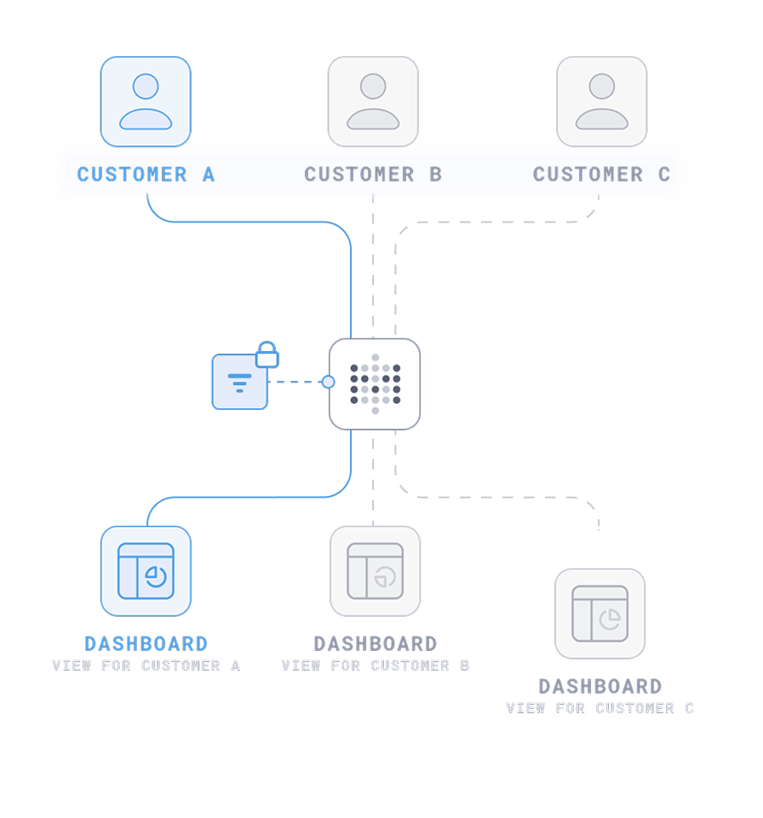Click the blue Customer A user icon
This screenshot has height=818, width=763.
tap(146, 101)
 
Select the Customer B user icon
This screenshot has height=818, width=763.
tap(373, 101)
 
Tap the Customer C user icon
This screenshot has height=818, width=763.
tap(601, 101)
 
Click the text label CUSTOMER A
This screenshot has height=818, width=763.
tap(146, 175)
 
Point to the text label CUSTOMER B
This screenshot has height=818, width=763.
tap(373, 175)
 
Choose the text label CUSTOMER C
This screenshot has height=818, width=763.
tap(601, 175)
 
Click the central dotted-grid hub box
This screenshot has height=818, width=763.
tap(375, 383)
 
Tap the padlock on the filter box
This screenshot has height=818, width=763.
tap(267, 354)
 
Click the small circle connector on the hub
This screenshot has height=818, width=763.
tap(328, 382)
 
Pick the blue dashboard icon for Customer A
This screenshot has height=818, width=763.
tap(146, 571)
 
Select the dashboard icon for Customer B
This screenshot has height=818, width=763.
tap(375, 571)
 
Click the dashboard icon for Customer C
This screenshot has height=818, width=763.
tap(599, 613)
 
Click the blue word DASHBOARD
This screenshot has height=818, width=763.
tap(146, 644)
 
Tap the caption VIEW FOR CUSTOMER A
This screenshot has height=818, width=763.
tap(146, 665)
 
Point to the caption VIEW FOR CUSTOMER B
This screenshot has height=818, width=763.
tap(375, 665)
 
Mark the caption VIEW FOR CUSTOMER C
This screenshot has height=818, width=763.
tap(599, 708)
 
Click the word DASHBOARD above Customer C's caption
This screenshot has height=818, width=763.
tap(599, 687)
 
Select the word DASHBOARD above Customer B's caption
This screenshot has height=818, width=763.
tap(375, 644)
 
